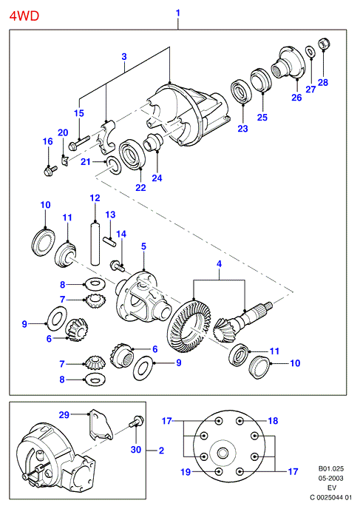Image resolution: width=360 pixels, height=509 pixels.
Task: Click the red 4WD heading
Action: click(x=24, y=16)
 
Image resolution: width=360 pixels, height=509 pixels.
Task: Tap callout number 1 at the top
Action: click(x=177, y=13)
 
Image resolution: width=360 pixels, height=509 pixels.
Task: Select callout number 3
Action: click(x=124, y=56)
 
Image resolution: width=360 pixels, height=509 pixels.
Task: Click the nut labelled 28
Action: click(x=323, y=44)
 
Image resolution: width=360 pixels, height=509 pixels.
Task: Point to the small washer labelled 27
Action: click(x=310, y=51)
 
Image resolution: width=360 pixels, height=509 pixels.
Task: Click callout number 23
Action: click(x=242, y=129)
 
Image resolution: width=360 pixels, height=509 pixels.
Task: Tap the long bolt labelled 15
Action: click(x=79, y=143)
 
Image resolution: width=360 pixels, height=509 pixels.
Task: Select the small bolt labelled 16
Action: click(x=50, y=169)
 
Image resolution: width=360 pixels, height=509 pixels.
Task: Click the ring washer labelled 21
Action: click(x=113, y=164)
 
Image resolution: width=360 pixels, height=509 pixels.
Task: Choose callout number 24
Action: click(x=157, y=178)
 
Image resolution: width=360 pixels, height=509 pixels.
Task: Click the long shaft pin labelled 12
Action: click(x=95, y=243)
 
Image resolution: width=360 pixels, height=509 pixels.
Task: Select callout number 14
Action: click(x=121, y=234)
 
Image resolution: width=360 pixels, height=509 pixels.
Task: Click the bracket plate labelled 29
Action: click(x=101, y=424)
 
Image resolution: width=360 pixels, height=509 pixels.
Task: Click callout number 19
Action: click(x=186, y=472)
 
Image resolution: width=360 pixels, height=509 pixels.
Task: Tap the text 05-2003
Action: click(x=330, y=478)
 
